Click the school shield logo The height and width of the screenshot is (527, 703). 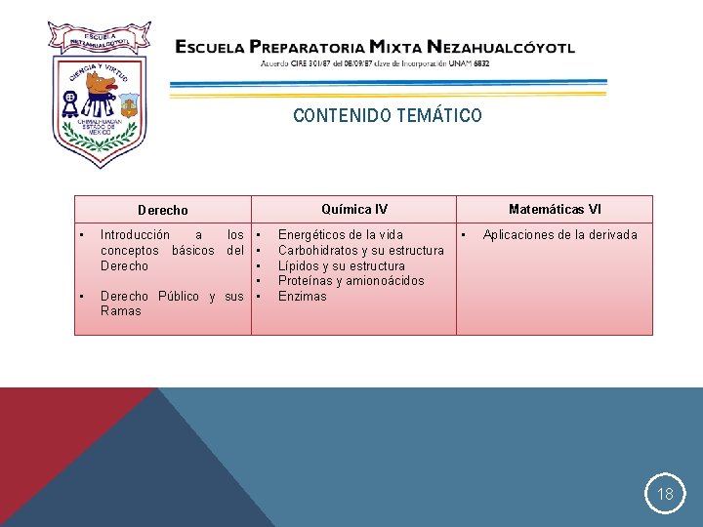point(97,93)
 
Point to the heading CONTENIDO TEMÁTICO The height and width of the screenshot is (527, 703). point(387,116)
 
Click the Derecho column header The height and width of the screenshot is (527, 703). point(163,210)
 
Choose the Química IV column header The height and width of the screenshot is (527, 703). point(354,209)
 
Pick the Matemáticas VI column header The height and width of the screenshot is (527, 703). point(555,209)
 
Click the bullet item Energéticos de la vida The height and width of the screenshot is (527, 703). point(340,234)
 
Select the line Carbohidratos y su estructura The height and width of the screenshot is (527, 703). point(360,250)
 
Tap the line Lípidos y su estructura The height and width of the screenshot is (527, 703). point(341,265)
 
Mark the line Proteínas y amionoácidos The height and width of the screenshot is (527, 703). point(351,281)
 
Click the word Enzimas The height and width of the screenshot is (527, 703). point(303,296)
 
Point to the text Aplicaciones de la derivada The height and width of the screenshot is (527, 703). point(559,234)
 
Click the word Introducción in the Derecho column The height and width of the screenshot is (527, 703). point(135,234)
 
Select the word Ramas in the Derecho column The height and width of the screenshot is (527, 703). point(120,311)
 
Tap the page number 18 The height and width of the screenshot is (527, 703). point(665,494)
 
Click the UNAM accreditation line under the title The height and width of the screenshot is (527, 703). point(375,63)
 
